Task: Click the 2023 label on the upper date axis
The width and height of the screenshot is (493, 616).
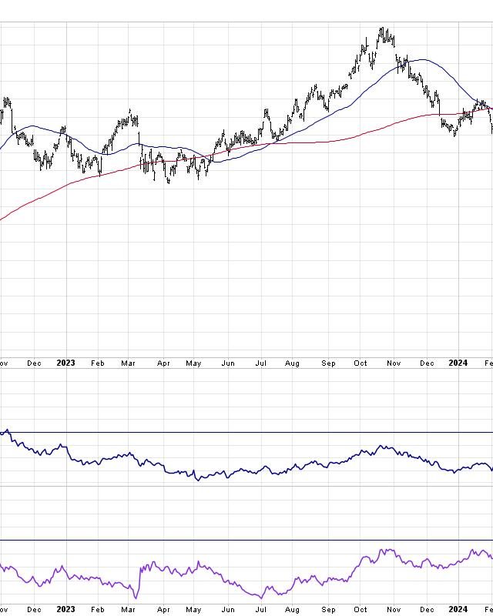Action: pyautogui.click(x=65, y=363)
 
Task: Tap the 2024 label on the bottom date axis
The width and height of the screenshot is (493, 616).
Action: pyautogui.click(x=458, y=609)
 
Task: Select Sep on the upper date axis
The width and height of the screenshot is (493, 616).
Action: pyautogui.click(x=329, y=363)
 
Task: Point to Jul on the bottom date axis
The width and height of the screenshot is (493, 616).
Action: pyautogui.click(x=260, y=609)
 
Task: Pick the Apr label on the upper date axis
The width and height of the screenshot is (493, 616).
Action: pyautogui.click(x=163, y=363)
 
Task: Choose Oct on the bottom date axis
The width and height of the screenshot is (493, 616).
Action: pyautogui.click(x=361, y=609)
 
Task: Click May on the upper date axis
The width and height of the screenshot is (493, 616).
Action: pyautogui.click(x=193, y=363)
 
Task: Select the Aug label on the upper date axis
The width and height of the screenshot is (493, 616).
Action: pyautogui.click(x=292, y=363)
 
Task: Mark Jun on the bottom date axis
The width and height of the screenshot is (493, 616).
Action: pyautogui.click(x=227, y=609)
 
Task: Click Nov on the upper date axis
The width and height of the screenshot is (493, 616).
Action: pyautogui.click(x=394, y=363)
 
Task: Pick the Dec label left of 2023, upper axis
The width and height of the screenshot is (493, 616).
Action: pyautogui.click(x=34, y=363)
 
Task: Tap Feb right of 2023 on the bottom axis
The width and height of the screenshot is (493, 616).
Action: pyautogui.click(x=97, y=609)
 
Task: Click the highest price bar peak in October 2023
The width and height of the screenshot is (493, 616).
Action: pyautogui.click(x=382, y=28)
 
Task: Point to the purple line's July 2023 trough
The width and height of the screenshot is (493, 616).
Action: pyautogui.click(x=261, y=598)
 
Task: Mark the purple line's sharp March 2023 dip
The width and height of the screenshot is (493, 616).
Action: pyautogui.click(x=136, y=598)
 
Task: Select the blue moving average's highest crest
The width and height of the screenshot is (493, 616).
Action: pyautogui.click(x=420, y=59)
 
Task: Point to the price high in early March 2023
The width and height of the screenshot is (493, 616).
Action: pyautogui.click(x=130, y=110)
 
